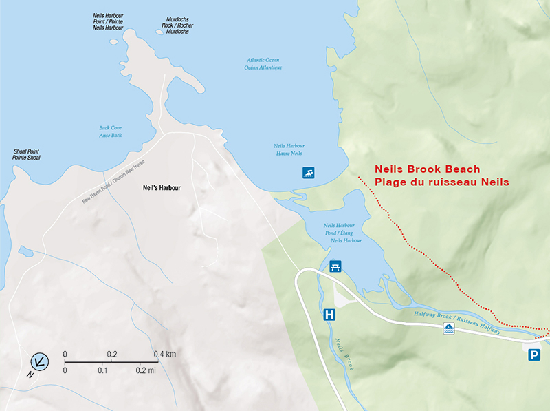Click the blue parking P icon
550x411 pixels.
coord(534,355)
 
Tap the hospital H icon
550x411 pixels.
coord(330,316)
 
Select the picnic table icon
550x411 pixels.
coord(336,265)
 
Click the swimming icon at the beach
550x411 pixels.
coord(310,172)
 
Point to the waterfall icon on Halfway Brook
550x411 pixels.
coord(448,328)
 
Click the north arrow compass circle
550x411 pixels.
coord(40,360)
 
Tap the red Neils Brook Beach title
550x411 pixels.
coord(427,169)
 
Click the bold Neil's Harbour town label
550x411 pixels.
coord(161,187)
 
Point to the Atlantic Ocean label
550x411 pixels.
coord(265,64)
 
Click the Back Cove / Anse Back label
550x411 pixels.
coord(110,131)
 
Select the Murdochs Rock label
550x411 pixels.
coord(177,25)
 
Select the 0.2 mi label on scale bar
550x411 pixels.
coord(147,370)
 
